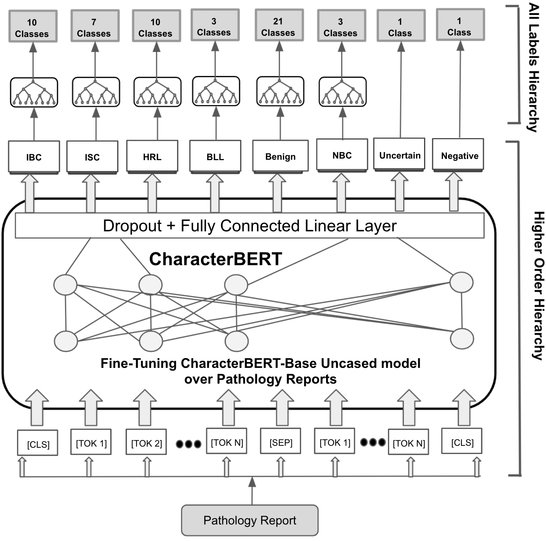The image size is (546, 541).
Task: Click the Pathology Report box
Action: [x=249, y=520]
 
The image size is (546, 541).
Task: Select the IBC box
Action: [x=34, y=157]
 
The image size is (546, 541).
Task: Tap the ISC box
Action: [x=92, y=157]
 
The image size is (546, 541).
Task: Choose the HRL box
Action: [x=152, y=156]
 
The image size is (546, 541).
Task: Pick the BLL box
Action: [x=215, y=156]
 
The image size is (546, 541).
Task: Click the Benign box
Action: [x=280, y=156]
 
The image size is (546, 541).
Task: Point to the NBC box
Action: [x=342, y=155]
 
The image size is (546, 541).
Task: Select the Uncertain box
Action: [x=399, y=155]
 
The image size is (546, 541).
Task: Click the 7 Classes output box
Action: [x=94, y=27]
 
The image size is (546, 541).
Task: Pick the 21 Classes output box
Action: [x=279, y=26]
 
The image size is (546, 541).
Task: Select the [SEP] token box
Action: [x=280, y=442]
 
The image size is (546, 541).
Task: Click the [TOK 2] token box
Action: [x=146, y=443]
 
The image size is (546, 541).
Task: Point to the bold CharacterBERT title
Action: [x=216, y=259]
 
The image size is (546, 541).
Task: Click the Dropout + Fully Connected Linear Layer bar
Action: [x=249, y=226]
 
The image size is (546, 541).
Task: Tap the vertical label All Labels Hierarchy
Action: [x=533, y=67]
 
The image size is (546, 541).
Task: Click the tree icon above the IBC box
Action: [x=34, y=92]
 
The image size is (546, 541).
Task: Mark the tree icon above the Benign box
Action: [x=280, y=91]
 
